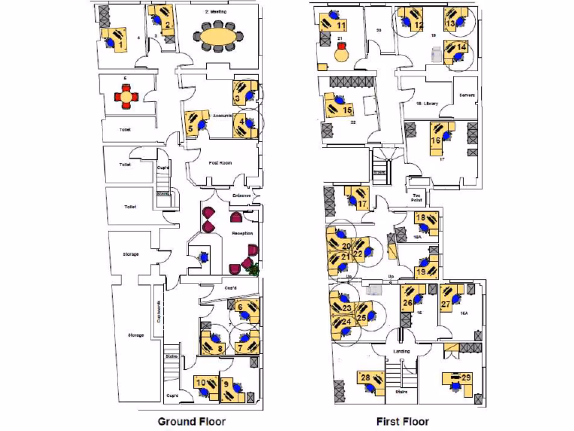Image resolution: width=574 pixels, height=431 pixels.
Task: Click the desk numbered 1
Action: point(117,40)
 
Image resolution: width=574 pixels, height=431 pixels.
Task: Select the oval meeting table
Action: point(219,39)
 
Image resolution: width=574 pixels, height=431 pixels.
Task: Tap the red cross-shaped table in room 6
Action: point(127,97)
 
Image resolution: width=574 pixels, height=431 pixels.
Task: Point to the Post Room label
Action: point(220,163)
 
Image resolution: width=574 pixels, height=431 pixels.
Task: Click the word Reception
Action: point(242,233)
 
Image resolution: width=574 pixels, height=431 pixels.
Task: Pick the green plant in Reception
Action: point(254,269)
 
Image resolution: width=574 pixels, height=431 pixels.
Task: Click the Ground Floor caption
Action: point(191,421)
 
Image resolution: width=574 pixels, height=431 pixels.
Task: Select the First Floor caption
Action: point(402,421)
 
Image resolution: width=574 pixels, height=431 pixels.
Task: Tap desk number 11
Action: point(335,24)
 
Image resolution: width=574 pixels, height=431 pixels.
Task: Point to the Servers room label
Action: point(467,95)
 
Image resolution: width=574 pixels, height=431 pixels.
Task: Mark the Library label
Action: point(427,104)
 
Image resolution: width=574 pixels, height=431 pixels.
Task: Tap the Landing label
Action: point(402,351)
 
